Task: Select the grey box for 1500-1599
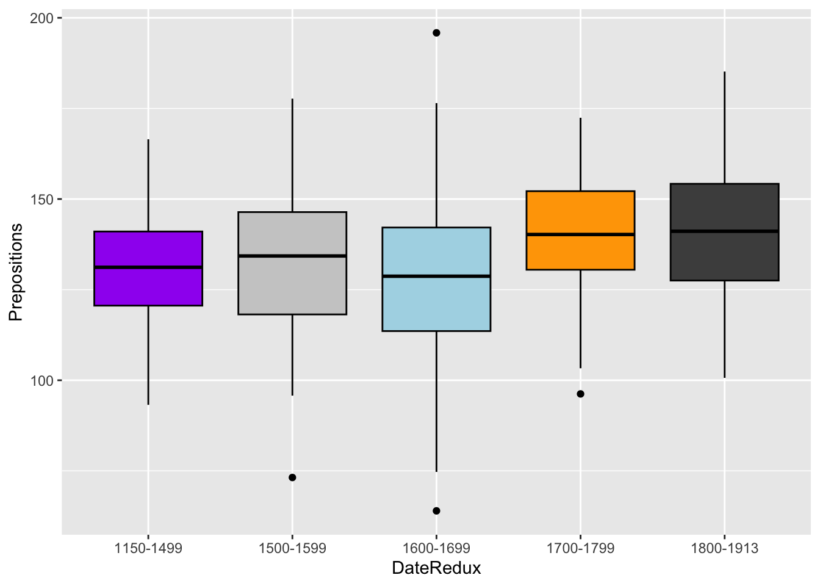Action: (292, 287)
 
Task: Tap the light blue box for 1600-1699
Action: (436, 305)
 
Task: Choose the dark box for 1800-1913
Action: (724, 208)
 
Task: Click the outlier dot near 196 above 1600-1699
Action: (436, 33)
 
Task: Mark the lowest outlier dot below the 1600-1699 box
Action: (436, 511)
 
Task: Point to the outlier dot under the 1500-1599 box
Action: (292, 477)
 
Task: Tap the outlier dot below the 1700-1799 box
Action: (580, 394)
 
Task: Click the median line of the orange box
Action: (580, 234)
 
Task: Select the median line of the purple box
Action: (148, 267)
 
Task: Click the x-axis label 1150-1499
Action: (148, 548)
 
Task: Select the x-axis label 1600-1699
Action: (436, 548)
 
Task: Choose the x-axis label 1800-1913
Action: (724, 548)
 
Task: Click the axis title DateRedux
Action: (436, 569)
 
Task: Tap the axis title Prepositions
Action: (16, 272)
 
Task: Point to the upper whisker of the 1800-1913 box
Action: (724, 128)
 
